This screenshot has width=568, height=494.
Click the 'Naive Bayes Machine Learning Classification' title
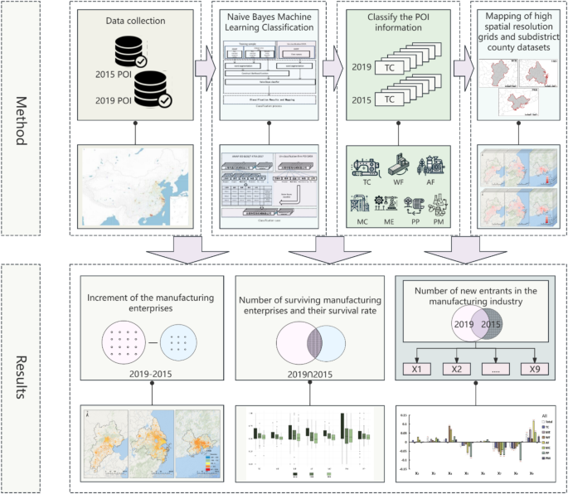[x=271, y=22]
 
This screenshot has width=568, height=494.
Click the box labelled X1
[x=418, y=369]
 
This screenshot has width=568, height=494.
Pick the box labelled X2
[x=456, y=369]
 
